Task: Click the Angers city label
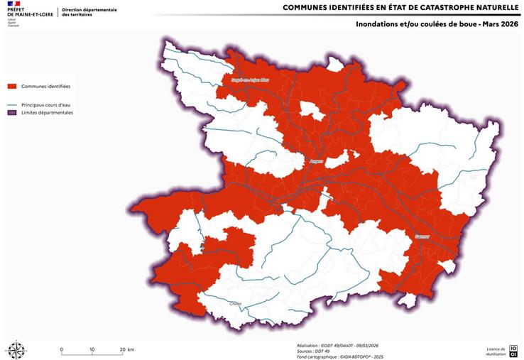tap(317, 161)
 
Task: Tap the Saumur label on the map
tap(422, 236)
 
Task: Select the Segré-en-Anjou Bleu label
tap(251, 80)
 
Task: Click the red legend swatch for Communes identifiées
tap(12, 87)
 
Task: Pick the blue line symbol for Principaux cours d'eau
tap(12, 105)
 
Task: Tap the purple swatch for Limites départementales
tap(12, 113)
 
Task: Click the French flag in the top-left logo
tap(15, 5)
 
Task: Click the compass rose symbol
tap(15, 348)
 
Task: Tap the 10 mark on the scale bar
tap(92, 350)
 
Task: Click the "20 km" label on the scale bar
tap(127, 350)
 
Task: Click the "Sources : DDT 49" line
tap(313, 349)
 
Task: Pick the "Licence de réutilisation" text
tap(496, 350)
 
